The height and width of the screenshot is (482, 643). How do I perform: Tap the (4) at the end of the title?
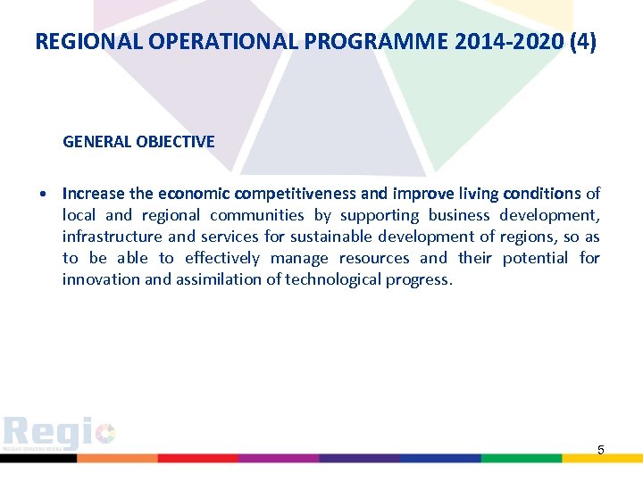point(582,41)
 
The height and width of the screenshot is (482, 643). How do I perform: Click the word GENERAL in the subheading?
point(97,142)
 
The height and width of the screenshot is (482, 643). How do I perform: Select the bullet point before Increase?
point(43,195)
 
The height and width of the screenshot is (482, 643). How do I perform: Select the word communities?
point(257,215)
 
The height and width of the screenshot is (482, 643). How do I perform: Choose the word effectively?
point(222,258)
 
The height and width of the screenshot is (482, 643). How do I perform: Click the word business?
point(459,215)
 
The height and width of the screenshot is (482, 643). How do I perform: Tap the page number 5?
point(601,450)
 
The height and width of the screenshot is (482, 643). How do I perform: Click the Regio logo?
point(59,435)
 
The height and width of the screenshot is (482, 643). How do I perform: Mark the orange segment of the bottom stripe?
point(116,458)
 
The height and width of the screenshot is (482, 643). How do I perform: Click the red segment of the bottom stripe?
point(197,458)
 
